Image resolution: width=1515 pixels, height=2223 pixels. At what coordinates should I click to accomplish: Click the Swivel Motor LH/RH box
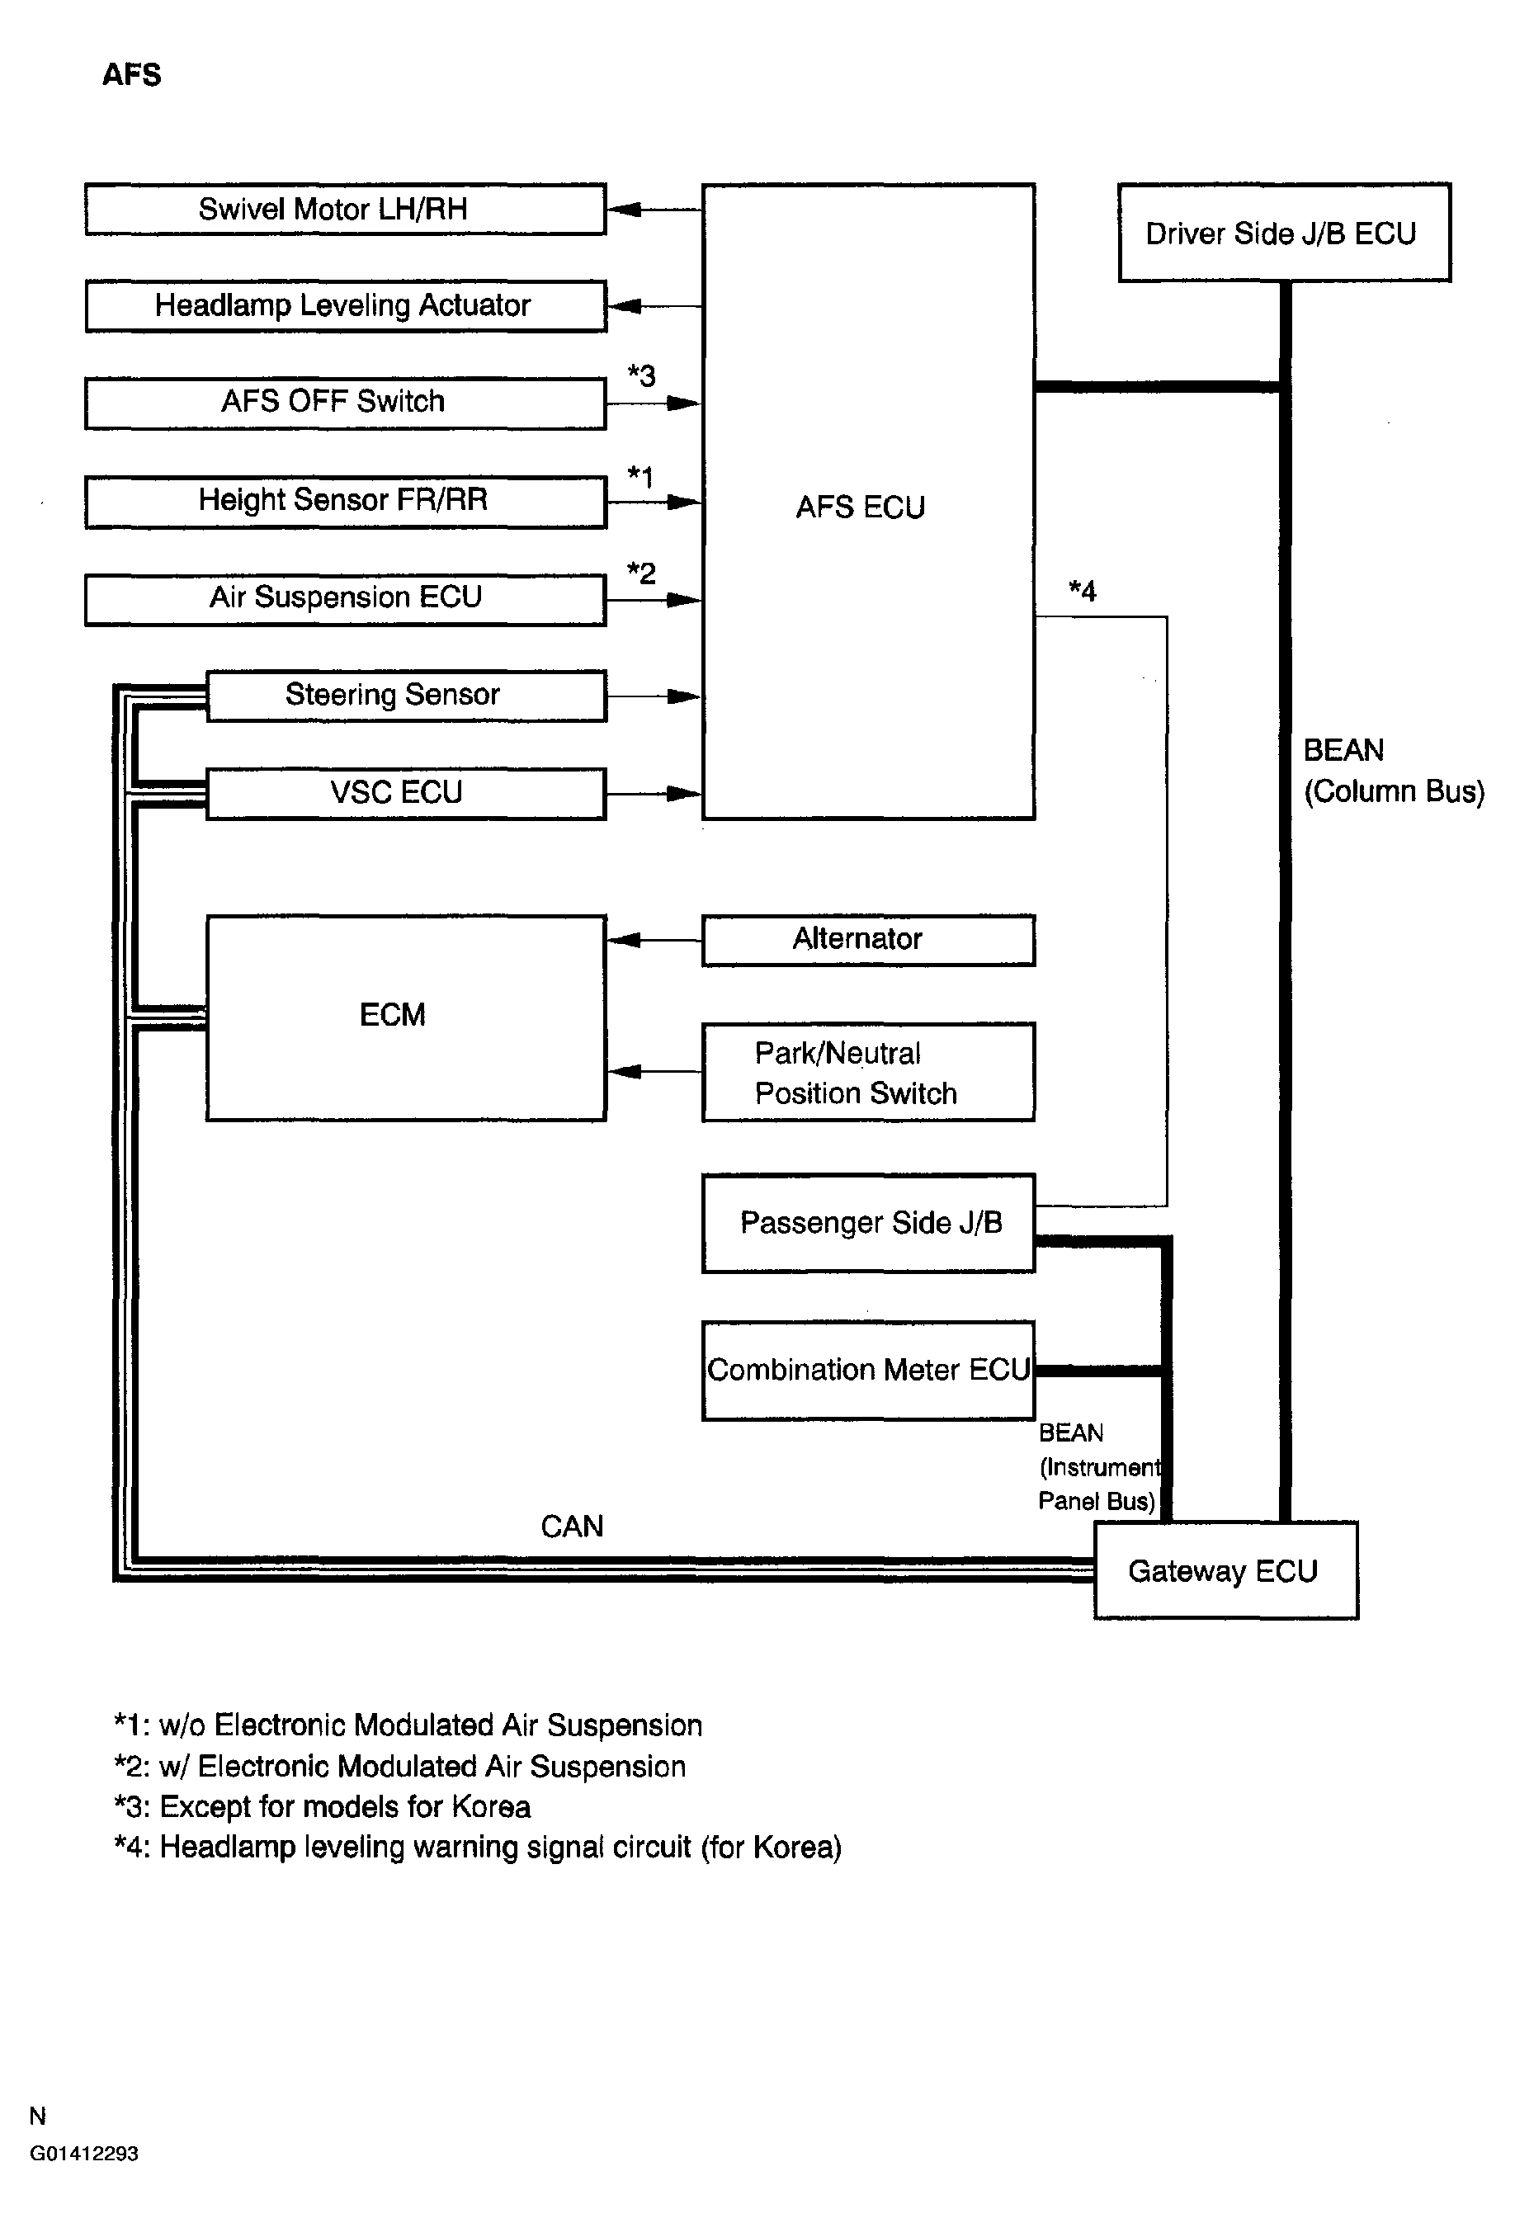(344, 209)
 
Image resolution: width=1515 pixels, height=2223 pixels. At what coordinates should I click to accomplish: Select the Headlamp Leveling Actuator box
(344, 305)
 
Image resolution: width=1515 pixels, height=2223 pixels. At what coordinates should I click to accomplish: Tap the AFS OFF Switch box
(344, 402)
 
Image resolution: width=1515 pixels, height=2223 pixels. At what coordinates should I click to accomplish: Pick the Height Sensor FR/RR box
(344, 500)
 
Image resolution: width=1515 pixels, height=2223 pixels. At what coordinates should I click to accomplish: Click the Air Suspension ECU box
(344, 598)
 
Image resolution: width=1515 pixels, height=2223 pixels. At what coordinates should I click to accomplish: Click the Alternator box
(867, 939)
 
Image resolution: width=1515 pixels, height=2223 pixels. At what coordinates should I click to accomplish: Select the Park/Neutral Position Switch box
(867, 1071)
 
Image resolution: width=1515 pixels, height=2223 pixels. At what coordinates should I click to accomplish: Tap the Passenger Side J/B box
(867, 1222)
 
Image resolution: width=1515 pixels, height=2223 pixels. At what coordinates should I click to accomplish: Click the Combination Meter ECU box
(867, 1370)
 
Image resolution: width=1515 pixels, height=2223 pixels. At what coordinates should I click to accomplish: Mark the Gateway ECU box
(1225, 1570)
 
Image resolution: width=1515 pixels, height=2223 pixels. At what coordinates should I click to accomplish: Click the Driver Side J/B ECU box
(1284, 233)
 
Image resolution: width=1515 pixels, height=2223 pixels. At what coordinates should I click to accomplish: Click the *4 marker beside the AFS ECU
(1082, 591)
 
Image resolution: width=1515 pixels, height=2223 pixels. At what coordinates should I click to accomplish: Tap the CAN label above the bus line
(572, 1526)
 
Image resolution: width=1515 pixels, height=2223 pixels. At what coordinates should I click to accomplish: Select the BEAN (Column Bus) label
(1393, 770)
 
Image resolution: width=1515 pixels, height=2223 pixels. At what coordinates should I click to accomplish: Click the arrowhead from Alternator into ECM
(624, 941)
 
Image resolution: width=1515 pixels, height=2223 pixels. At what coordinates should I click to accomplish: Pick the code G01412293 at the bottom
(84, 2153)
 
